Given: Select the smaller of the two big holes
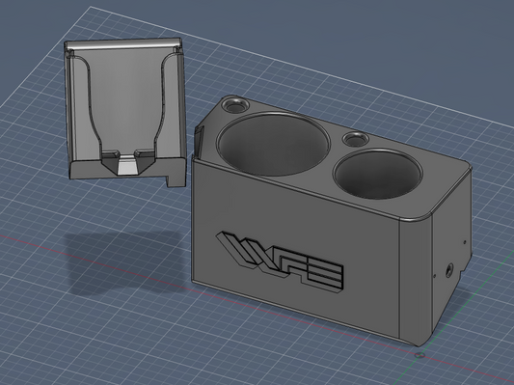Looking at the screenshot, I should tap(378, 173).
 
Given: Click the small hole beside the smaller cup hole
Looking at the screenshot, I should tap(356, 139).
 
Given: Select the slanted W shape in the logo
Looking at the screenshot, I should tap(241, 252).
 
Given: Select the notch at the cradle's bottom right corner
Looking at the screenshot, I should tap(175, 178).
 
